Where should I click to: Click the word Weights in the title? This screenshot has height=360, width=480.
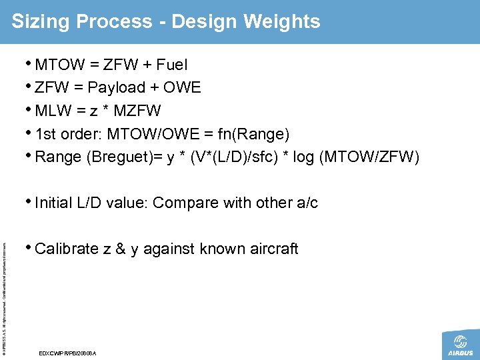283,21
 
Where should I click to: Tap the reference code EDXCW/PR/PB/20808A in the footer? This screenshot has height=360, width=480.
68,353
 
